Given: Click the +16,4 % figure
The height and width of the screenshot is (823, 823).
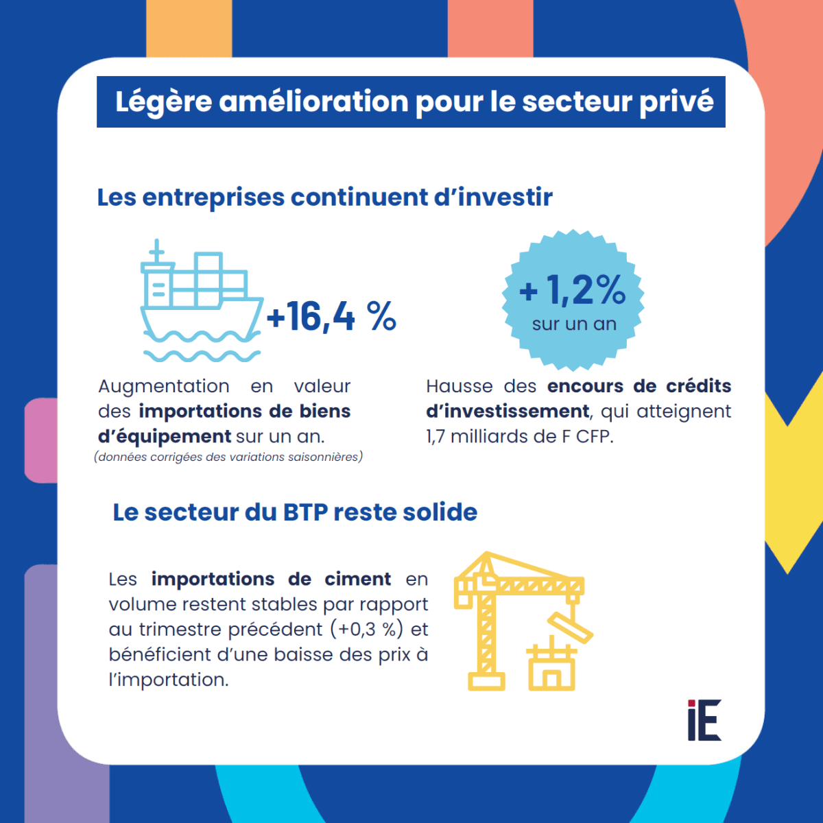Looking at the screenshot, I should (331, 316).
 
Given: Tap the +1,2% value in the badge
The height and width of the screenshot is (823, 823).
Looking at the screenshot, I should (573, 290).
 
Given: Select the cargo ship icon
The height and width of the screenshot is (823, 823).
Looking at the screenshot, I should (201, 302).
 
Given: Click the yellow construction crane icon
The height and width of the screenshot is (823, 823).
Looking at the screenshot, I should (508, 617).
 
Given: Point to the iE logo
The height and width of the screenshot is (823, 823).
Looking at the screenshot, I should (704, 720).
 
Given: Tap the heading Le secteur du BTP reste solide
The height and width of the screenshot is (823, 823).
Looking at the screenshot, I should (295, 512).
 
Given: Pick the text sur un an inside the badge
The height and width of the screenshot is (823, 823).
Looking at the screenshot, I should (574, 324).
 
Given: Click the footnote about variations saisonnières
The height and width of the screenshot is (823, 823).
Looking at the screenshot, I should (228, 457).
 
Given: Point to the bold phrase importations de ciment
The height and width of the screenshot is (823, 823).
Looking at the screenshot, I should (271, 579).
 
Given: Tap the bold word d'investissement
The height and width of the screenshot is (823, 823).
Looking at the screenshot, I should (508, 411).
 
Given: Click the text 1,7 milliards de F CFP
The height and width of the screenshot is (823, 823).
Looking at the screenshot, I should (519, 436).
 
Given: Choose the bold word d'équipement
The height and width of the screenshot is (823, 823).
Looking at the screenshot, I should (165, 436).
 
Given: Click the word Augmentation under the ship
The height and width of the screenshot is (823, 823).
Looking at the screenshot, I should (163, 386).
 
